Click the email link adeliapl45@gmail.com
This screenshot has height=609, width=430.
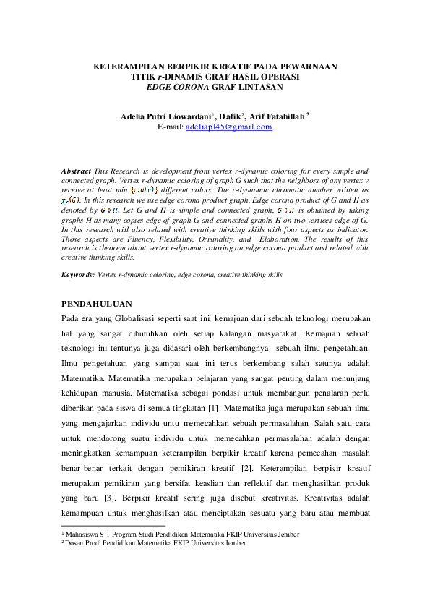click(228, 127)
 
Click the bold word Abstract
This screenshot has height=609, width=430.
click(77, 171)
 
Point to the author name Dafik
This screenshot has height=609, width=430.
click(231, 114)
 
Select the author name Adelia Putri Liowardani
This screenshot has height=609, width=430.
click(168, 114)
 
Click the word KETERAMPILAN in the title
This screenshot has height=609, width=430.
click(129, 66)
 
